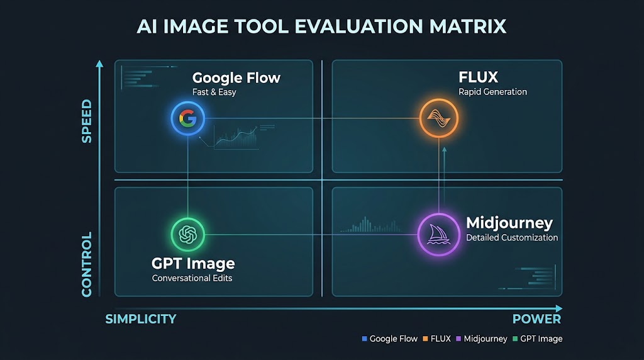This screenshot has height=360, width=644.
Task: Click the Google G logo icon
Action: click(187, 118)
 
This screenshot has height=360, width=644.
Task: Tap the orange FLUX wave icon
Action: click(438, 118)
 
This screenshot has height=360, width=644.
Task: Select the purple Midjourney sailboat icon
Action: click(438, 235)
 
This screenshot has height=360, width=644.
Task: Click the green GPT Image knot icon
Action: click(187, 235)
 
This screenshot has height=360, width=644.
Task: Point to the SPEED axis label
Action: click(87, 121)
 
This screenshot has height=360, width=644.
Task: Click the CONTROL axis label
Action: click(87, 264)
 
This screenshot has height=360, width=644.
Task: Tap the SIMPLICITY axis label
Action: click(141, 319)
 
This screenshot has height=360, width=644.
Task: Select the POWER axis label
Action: click(536, 319)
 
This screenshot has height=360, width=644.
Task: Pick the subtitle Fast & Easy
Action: click(214, 92)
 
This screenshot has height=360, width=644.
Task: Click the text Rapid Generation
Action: click(492, 92)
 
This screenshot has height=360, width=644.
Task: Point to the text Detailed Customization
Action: click(512, 237)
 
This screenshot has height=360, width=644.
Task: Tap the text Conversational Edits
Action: click(192, 278)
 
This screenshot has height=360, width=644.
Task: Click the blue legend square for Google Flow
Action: click(364, 339)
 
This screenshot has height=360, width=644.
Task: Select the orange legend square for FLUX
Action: click(426, 339)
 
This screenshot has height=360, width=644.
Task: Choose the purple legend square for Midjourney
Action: click(458, 339)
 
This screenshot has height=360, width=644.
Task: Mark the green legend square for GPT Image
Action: click(515, 339)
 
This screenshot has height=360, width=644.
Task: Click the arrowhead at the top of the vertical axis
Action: click(99, 64)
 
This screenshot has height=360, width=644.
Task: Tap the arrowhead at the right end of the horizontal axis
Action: click(559, 308)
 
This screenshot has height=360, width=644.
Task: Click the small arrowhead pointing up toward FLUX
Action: click(445, 150)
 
